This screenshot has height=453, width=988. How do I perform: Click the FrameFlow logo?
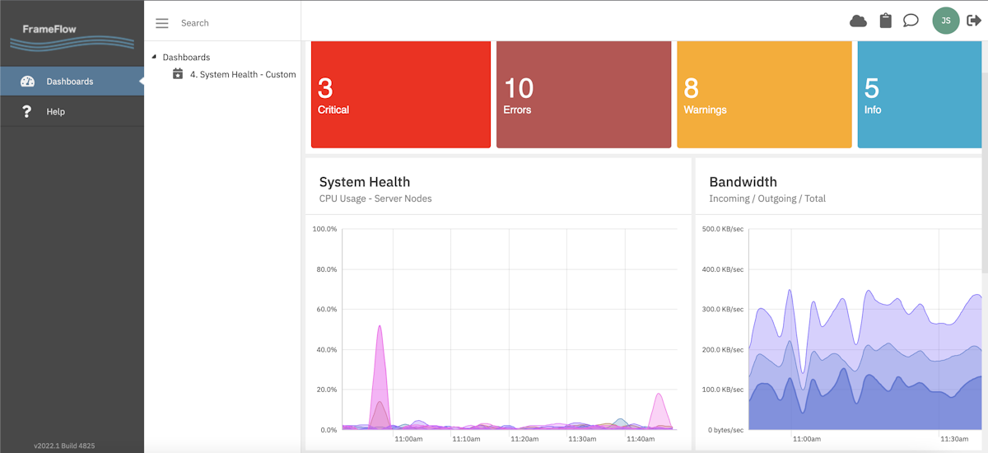click(x=72, y=35)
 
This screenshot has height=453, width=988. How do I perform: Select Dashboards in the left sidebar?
click(x=69, y=82)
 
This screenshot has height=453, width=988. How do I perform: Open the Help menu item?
click(x=55, y=112)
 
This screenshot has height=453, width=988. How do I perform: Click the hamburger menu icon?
click(x=162, y=23)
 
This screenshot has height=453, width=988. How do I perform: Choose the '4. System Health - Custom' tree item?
click(x=242, y=74)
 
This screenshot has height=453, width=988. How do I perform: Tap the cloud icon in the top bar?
click(x=858, y=21)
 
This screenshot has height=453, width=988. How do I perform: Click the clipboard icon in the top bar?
click(x=885, y=21)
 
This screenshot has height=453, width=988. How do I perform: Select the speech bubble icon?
click(x=911, y=21)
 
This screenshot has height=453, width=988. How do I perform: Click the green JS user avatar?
click(x=946, y=21)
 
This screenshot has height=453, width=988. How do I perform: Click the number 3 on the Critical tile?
click(x=325, y=88)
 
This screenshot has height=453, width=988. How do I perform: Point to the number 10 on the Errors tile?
click(x=518, y=88)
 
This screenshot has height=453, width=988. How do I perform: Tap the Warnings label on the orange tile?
click(x=705, y=110)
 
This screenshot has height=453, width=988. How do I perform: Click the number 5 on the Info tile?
click(x=872, y=88)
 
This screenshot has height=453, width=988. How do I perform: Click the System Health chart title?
click(x=364, y=182)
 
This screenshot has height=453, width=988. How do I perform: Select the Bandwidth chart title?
click(x=743, y=182)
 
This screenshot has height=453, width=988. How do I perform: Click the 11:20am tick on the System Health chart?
click(x=524, y=439)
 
